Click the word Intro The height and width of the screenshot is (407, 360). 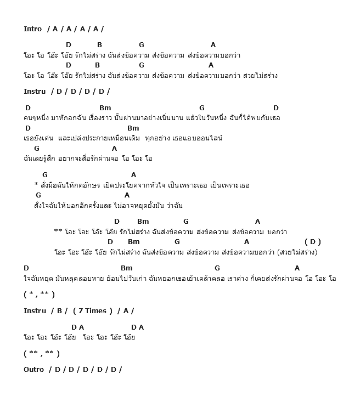(33, 29)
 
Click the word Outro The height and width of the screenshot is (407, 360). (33, 370)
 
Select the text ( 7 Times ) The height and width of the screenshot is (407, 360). (92, 311)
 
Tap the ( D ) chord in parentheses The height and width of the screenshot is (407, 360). (313, 242)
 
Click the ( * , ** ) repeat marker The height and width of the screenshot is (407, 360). (39, 295)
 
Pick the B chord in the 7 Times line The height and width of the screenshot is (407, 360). (59, 311)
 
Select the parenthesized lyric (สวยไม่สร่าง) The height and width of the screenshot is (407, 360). (298, 252)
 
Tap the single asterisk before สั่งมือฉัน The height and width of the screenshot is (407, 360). (36, 185)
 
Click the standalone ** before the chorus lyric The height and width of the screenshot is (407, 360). (58, 231)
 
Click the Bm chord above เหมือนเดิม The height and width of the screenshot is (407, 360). (133, 128)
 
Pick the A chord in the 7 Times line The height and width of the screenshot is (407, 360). (126, 311)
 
